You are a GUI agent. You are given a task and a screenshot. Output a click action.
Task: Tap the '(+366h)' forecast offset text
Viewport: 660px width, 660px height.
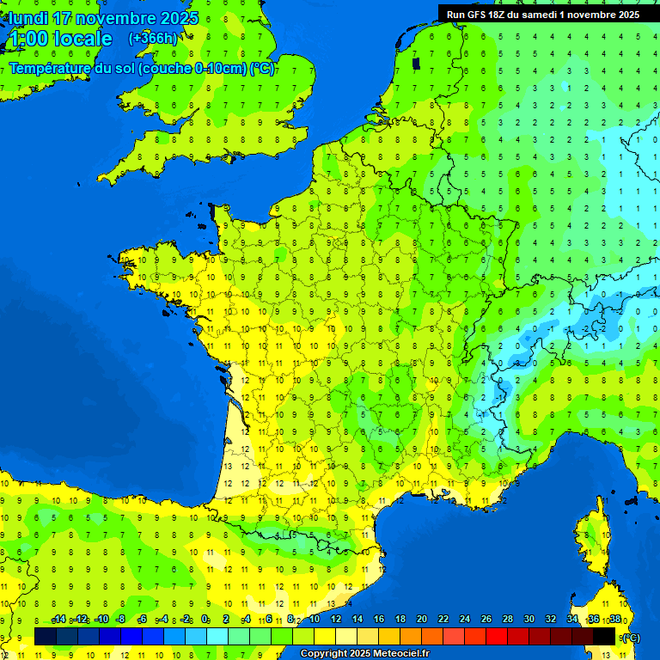153,38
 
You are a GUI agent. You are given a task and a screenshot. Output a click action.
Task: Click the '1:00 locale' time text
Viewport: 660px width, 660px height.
60,39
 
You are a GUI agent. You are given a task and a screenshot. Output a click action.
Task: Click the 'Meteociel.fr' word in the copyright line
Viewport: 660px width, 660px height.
401,654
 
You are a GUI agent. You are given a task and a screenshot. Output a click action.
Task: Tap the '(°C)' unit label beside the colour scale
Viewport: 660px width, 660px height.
630,637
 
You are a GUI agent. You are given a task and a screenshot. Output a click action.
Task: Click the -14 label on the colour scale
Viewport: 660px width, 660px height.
58,620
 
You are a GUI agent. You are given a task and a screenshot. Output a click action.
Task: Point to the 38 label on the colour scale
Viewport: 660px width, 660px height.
615,620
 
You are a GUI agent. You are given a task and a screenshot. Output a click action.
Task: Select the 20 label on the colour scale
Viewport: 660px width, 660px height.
422,620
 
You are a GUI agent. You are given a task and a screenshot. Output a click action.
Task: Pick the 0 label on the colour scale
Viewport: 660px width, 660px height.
205,620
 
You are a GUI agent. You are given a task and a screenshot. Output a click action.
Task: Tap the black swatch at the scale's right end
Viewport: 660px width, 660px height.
605,636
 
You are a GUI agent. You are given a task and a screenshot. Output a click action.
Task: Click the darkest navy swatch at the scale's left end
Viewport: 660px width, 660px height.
46,636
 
